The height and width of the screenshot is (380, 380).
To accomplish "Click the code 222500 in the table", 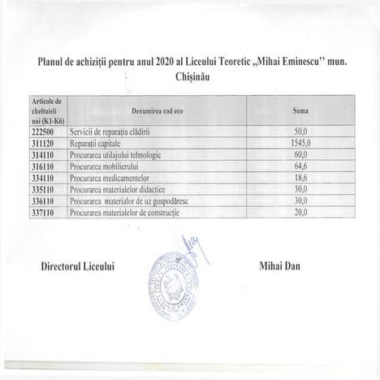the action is (x=42, y=131).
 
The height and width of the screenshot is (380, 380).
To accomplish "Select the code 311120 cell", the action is (x=42, y=142).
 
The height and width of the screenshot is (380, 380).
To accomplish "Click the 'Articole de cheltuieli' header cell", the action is (x=47, y=110).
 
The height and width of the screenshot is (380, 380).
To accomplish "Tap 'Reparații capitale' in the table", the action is (x=97, y=142).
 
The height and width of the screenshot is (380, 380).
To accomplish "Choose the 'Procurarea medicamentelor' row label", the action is (x=110, y=177).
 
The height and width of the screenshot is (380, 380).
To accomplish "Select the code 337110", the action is (x=42, y=212).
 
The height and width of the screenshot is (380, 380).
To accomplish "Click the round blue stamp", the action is (x=173, y=287).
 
